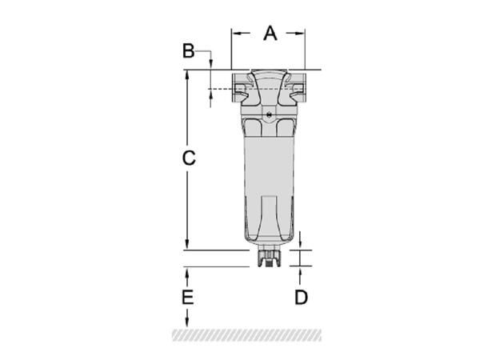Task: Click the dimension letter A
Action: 270,33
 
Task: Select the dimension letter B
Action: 188,51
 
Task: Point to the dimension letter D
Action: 301,297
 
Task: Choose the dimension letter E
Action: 187,297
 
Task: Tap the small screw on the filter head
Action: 270,117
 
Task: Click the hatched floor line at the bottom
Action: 244,332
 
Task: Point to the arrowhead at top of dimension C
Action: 187,74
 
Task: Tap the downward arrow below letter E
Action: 187,322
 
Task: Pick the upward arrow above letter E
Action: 187,273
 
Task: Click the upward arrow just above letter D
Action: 301,272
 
